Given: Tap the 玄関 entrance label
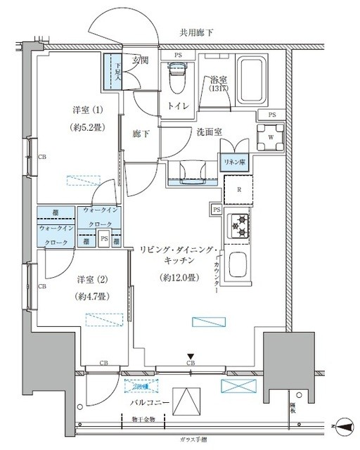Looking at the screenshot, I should tap(141, 61).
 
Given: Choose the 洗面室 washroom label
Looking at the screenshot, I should tap(190, 131).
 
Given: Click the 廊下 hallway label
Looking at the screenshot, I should tap(142, 133).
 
